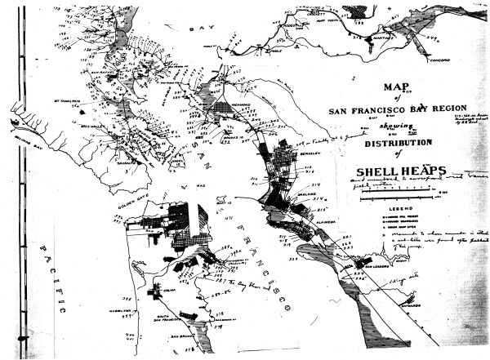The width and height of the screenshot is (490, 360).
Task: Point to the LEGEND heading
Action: click(x=391, y=208)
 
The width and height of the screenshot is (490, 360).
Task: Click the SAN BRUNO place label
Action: click(x=185, y=336)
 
